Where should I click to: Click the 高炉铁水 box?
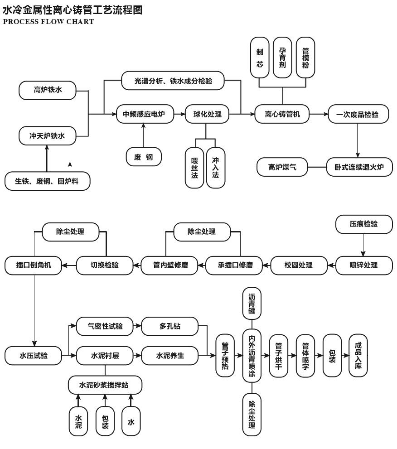tap(47, 90)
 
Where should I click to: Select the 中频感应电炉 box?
tap(145, 114)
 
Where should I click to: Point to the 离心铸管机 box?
tap(282, 114)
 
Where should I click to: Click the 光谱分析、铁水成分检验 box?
tap(173, 81)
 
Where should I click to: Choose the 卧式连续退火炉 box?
tap(359, 167)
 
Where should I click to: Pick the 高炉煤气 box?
tap(282, 167)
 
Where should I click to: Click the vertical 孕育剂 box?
tap(282, 58)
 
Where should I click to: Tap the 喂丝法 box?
tap(194, 168)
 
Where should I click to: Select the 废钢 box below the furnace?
tap(144, 157)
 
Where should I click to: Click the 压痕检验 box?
tap(363, 224)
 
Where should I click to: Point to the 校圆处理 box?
tap(299, 265)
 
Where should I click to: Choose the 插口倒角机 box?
tap(34, 265)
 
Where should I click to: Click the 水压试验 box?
tap(34, 356)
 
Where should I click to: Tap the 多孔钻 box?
tap(170, 326)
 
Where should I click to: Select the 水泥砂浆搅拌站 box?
tap(105, 385)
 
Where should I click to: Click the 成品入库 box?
tap(358, 355)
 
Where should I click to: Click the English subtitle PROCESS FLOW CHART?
tap(48, 22)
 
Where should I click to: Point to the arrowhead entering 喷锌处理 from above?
tap(363, 254)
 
